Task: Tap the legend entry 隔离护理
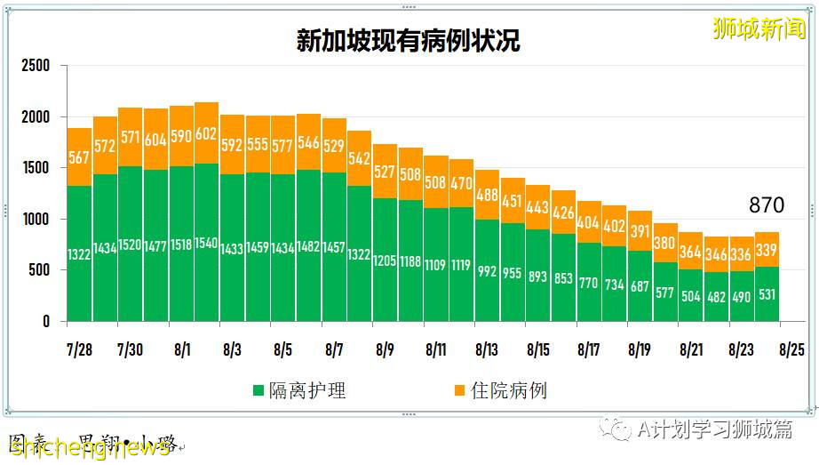click(307, 390)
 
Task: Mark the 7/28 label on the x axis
click(79, 349)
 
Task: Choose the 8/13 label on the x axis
click(487, 349)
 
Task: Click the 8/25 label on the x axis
click(791, 349)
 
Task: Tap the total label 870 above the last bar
click(766, 205)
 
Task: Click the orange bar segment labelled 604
click(155, 139)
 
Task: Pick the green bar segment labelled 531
click(766, 294)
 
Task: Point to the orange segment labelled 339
click(766, 249)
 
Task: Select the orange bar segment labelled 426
click(563, 212)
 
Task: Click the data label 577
click(664, 293)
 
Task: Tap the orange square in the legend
click(459, 390)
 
